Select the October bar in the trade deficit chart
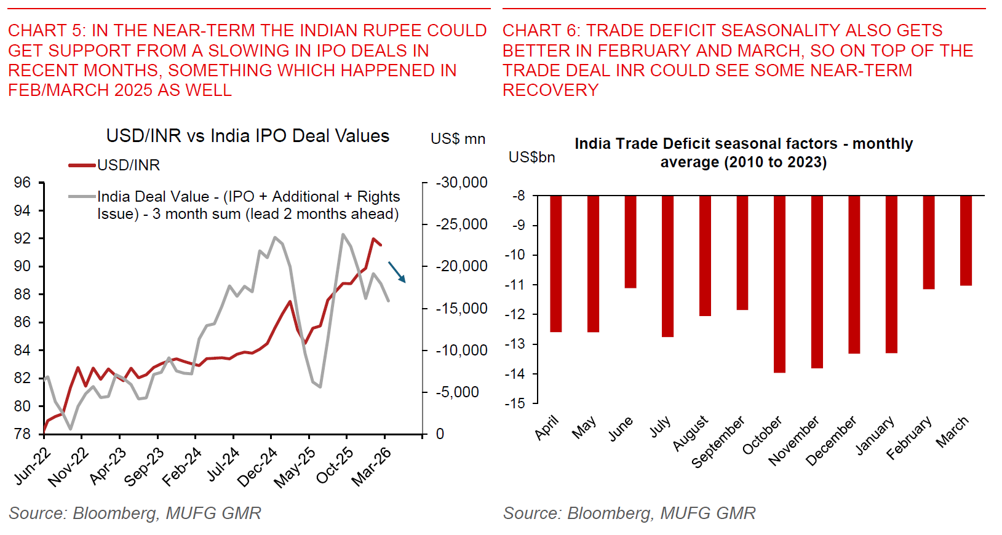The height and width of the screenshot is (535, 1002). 779,284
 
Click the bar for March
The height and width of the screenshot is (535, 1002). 966,240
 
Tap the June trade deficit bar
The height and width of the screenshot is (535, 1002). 630,242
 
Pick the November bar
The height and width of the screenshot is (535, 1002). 817,282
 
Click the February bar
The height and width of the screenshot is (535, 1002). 929,242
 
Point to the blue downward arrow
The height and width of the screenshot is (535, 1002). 397,272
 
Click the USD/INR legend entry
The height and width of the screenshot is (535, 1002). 128,165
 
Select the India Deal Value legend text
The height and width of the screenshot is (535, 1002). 249,205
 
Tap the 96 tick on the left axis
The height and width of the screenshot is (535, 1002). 22,183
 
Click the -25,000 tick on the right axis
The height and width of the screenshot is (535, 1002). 461,224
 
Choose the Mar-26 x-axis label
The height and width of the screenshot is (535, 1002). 372,467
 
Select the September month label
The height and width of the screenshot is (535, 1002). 718,442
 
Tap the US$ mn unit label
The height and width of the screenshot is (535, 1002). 458,139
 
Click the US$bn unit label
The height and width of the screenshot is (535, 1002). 531,157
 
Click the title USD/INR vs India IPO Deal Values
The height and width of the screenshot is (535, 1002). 247,136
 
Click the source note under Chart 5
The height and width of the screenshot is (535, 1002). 135,513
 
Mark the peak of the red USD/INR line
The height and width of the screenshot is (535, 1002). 373,239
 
